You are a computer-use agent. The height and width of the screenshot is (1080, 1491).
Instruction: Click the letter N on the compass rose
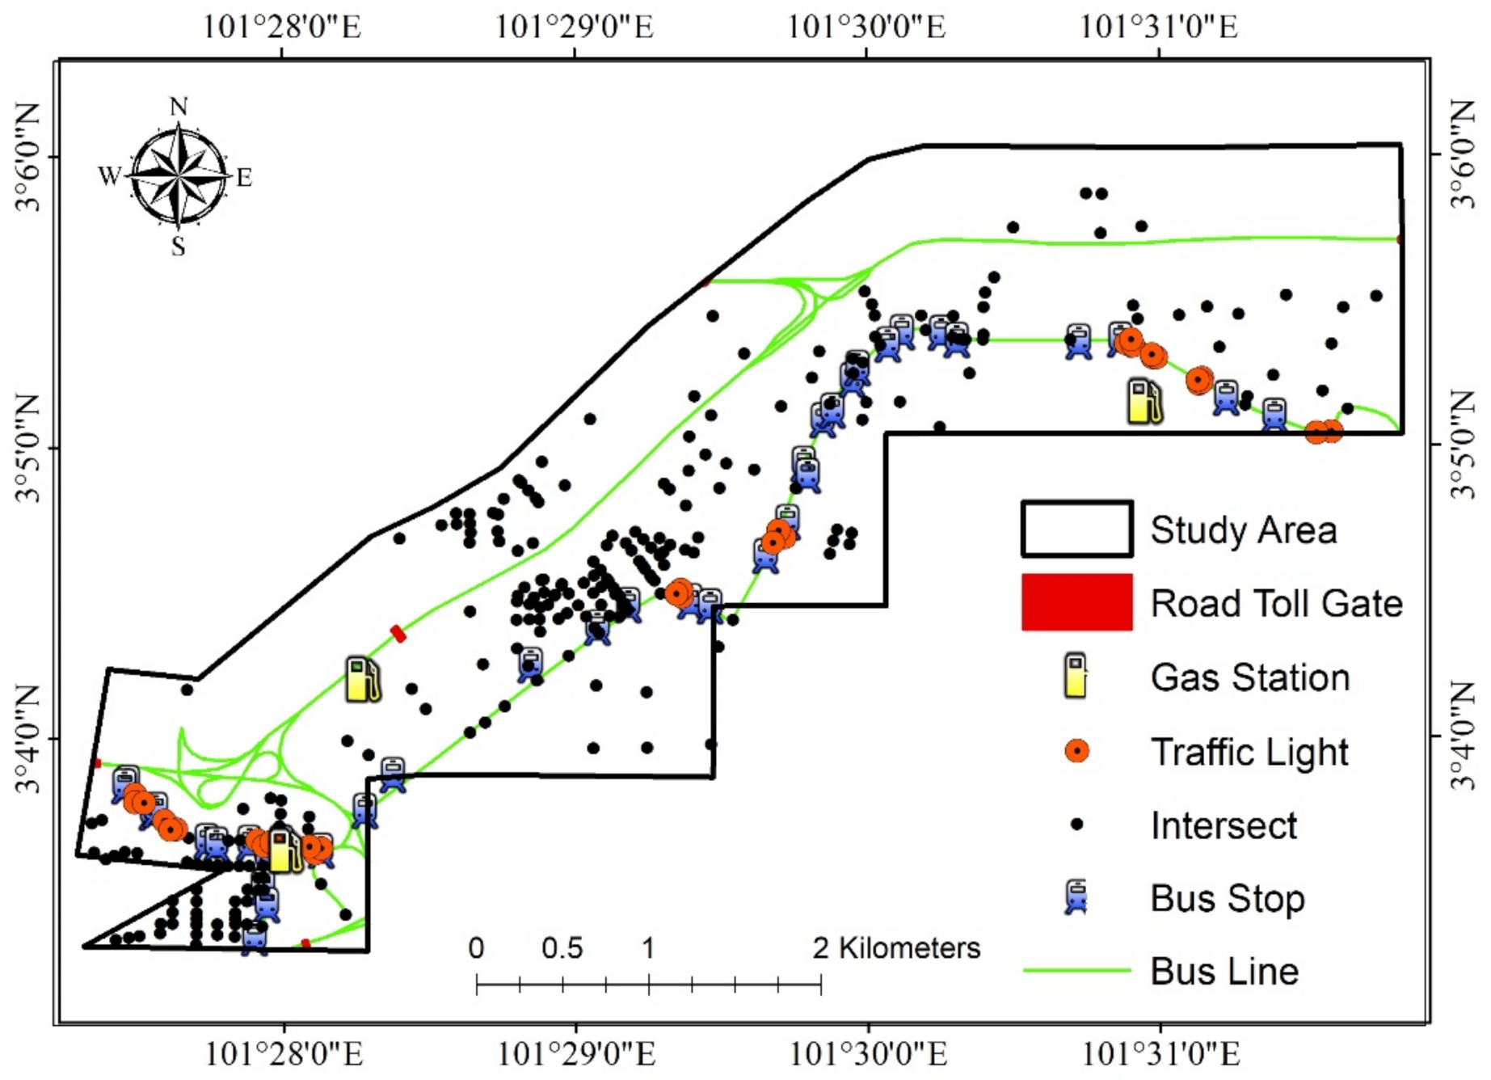pyautogui.click(x=179, y=107)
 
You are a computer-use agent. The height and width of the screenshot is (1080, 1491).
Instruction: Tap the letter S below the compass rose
pyautogui.click(x=179, y=246)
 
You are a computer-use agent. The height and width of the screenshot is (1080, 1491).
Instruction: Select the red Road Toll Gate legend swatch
pyautogui.click(x=1076, y=602)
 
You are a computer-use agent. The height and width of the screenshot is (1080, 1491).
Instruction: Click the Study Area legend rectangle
pyautogui.click(x=1076, y=529)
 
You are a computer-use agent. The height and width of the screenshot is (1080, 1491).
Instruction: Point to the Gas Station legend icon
pyautogui.click(x=1076, y=676)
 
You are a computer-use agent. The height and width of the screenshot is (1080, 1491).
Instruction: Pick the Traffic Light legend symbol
pyautogui.click(x=1076, y=751)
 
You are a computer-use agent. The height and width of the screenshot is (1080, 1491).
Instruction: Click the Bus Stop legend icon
pyautogui.click(x=1076, y=898)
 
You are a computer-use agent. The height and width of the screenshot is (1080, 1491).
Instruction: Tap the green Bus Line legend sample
pyautogui.click(x=1076, y=970)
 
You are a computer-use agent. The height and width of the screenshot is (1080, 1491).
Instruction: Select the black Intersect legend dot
pyautogui.click(x=1076, y=825)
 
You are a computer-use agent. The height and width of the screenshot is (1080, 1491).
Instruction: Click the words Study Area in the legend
pyautogui.click(x=1243, y=530)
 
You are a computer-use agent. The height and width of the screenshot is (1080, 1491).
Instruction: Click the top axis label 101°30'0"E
pyautogui.click(x=866, y=27)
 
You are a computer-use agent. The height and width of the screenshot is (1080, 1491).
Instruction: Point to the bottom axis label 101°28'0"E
pyautogui.click(x=284, y=1054)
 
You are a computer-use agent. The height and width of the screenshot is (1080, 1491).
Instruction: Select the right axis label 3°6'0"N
pyautogui.click(x=1463, y=154)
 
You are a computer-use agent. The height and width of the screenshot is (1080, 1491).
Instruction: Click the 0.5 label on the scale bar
pyautogui.click(x=562, y=948)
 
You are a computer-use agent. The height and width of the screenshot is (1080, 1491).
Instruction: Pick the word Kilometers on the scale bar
pyautogui.click(x=909, y=948)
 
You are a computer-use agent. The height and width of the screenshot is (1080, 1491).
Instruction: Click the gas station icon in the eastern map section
pyautogui.click(x=1144, y=401)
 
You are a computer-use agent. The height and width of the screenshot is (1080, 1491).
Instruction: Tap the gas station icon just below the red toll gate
pyautogui.click(x=362, y=678)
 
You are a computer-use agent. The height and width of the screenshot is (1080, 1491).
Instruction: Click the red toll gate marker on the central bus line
pyautogui.click(x=398, y=634)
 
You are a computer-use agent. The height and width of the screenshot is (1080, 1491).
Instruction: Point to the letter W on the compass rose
pyautogui.click(x=110, y=175)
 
